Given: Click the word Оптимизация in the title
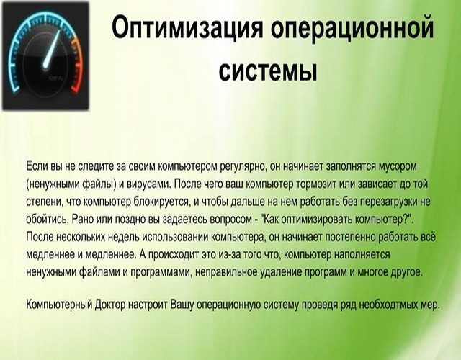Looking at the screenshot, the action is (x=187, y=27).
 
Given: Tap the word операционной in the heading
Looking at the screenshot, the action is (x=352, y=28).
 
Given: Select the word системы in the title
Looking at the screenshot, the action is (x=268, y=71).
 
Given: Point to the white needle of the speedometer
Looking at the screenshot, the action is (x=52, y=50).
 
